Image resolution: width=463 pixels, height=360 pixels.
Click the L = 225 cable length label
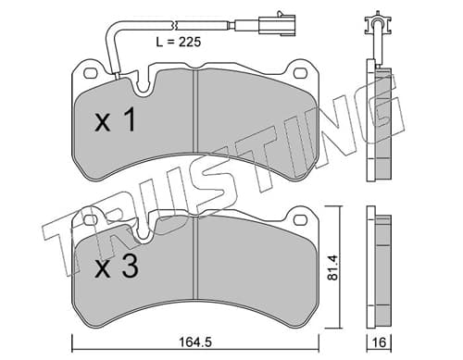(x=179, y=42)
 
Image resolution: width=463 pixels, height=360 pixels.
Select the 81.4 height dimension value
(x=333, y=267)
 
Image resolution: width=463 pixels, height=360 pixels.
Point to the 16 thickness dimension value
(x=380, y=342)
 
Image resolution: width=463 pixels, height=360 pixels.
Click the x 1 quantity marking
(x=115, y=120)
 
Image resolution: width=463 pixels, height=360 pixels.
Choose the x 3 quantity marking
(x=116, y=267)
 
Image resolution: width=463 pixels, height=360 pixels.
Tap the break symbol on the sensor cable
(x=175, y=25)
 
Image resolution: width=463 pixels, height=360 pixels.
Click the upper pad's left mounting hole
(x=90, y=73)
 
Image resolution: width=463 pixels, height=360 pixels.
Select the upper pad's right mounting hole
(x=299, y=73)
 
